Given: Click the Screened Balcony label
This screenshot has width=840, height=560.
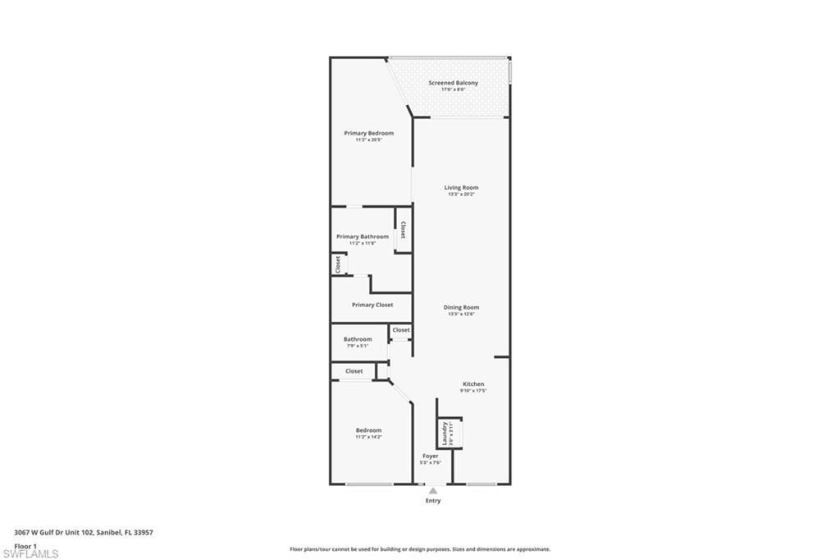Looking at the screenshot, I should [453, 83].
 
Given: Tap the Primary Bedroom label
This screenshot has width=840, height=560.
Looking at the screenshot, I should [368, 133].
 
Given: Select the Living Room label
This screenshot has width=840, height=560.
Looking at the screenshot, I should [461, 187].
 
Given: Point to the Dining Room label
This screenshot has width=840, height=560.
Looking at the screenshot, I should [461, 307].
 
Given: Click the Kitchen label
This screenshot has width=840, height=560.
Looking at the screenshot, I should [473, 383].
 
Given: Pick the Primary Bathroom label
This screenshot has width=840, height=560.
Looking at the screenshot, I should [363, 236].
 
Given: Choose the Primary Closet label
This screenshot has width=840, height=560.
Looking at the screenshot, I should [372, 305].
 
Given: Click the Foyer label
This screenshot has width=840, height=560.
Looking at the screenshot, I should [431, 456].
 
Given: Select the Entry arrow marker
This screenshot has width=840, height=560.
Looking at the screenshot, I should [433, 490].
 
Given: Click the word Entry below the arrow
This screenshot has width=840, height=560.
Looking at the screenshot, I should [433, 501].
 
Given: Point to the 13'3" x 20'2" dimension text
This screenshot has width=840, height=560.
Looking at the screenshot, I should [461, 195].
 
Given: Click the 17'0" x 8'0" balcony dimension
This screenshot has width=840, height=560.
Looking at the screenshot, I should [453, 90].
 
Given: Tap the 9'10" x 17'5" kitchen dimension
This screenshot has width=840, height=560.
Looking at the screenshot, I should [473, 391].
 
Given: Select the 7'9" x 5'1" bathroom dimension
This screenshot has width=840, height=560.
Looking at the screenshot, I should [358, 346].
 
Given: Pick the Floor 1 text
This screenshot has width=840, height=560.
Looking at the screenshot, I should [25, 545].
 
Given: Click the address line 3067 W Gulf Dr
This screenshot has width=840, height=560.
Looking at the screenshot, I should [84, 532].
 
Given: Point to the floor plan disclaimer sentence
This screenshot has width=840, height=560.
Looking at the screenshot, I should [420, 549].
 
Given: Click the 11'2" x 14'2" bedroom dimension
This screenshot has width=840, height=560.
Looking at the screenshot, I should [368, 437].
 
